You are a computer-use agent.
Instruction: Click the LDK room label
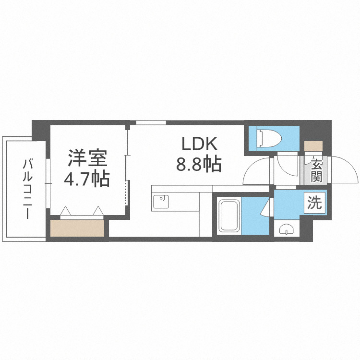pos(199,144)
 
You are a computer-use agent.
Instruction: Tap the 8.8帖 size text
pos(198,165)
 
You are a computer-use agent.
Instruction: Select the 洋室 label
pos(87,158)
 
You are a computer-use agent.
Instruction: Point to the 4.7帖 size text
pos(87,180)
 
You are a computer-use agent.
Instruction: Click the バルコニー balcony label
pos(26,189)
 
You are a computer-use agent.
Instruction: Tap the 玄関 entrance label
pos(315,170)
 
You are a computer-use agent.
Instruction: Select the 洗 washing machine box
pos(314,203)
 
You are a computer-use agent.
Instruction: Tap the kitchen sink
pos(161,202)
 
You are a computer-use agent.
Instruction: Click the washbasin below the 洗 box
pos(287,229)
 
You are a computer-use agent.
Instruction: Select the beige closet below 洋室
pos(77,228)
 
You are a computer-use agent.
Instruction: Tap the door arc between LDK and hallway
pos(257,171)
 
